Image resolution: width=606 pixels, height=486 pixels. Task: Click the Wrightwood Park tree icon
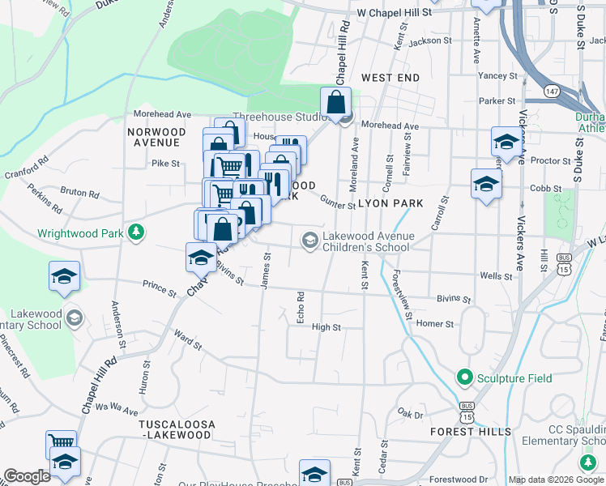click(136, 232)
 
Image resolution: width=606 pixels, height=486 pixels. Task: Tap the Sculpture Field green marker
click(465, 377)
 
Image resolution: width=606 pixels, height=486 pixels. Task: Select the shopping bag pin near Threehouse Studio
click(335, 103)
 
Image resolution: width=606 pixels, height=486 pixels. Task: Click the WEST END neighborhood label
click(390, 77)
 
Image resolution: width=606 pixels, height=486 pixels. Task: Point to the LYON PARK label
click(391, 203)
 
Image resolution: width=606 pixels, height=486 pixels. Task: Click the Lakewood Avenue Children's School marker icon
click(309, 240)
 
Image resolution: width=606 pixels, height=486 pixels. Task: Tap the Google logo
click(28, 476)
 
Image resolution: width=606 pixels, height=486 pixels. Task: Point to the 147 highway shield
click(550, 92)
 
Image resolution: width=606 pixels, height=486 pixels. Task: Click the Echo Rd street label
click(301, 309)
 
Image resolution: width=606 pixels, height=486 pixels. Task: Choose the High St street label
click(326, 327)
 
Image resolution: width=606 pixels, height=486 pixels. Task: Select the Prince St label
click(159, 288)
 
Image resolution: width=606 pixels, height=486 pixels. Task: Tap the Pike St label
click(164, 163)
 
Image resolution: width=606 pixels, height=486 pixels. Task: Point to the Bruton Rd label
click(81, 194)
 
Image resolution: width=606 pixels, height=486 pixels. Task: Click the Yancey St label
click(497, 75)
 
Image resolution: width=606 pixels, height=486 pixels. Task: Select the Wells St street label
click(496, 276)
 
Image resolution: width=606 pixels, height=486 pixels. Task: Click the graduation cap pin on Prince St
click(64, 278)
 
